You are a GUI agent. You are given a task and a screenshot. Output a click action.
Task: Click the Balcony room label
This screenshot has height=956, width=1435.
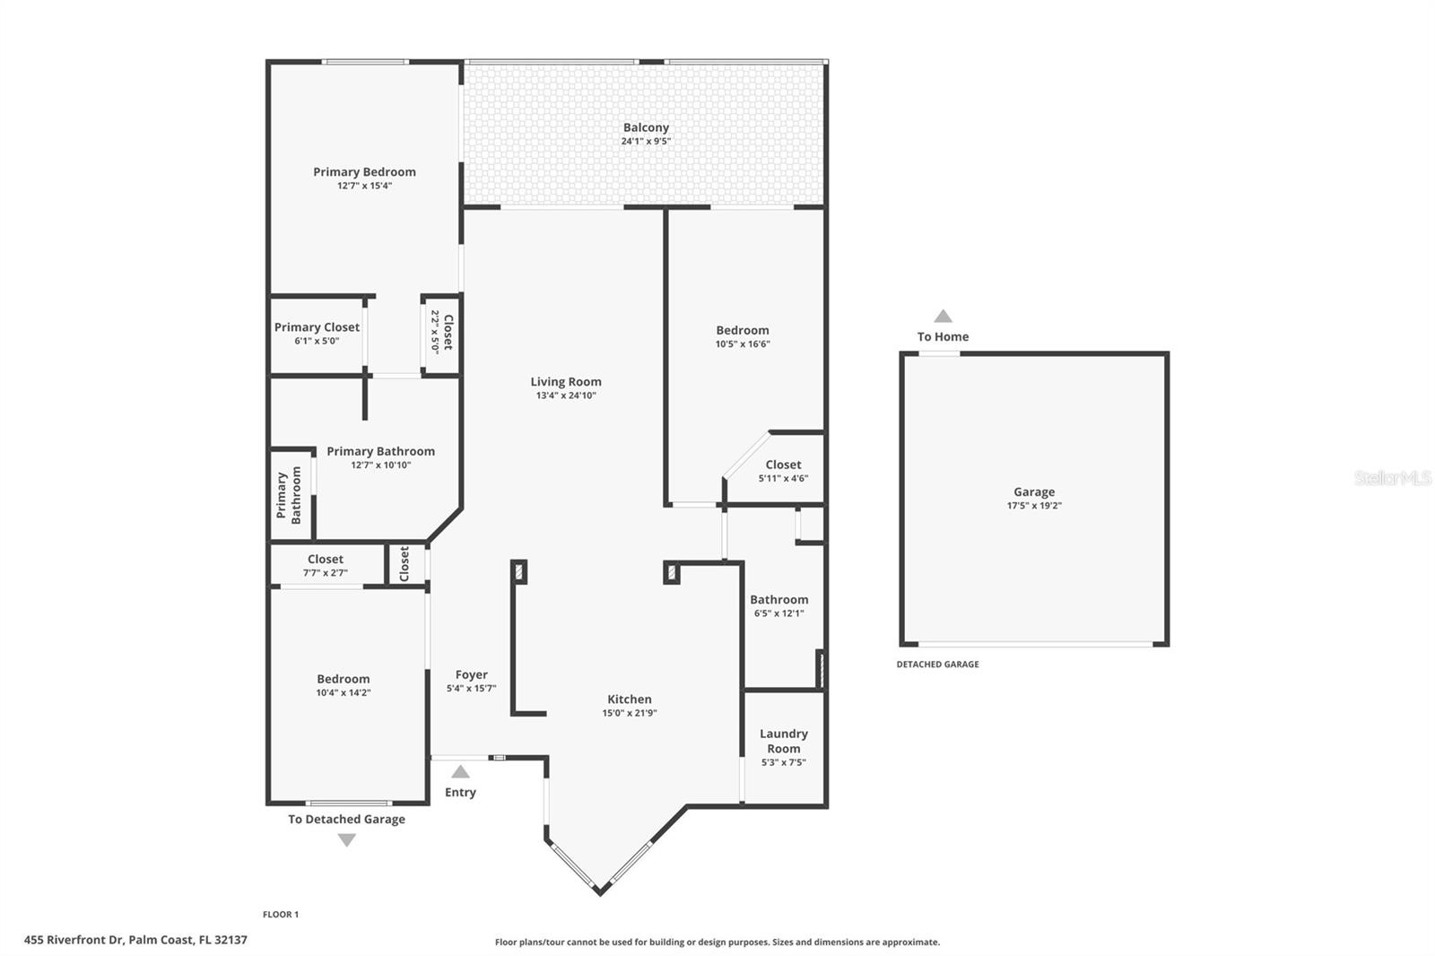click(646, 127)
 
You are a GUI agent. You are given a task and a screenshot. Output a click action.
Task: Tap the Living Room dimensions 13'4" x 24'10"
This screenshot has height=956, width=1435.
click(566, 395)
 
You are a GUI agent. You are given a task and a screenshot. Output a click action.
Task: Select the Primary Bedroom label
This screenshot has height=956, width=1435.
click(364, 171)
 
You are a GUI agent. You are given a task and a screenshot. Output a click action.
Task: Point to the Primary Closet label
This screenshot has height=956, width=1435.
click(317, 326)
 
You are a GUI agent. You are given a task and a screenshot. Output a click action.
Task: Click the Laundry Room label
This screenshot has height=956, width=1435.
click(784, 741)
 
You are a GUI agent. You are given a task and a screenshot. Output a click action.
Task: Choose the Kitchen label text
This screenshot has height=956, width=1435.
click(629, 699)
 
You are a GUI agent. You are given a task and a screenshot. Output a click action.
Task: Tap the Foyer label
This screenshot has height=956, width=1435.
click(472, 674)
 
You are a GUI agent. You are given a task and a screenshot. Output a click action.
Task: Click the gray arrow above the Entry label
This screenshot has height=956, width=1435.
click(460, 771)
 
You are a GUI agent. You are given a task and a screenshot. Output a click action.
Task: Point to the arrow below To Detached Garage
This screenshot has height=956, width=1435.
click(346, 840)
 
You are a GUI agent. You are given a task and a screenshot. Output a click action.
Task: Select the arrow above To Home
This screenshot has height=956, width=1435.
click(943, 316)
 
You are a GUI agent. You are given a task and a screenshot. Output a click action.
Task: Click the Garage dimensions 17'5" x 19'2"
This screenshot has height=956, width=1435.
click(1034, 506)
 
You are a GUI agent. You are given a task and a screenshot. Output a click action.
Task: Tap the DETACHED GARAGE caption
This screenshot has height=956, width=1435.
click(937, 665)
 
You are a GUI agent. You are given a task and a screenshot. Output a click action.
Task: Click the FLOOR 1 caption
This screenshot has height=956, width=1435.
click(281, 915)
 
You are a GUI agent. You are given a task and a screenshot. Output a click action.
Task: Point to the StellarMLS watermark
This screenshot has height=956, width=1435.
click(1393, 477)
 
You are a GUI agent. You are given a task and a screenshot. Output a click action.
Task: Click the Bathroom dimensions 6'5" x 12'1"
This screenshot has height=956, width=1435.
click(779, 613)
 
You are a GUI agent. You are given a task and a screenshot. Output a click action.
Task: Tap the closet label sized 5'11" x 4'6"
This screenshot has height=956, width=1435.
click(783, 465)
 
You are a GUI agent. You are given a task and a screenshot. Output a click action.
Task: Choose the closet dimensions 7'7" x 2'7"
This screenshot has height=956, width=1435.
click(326, 573)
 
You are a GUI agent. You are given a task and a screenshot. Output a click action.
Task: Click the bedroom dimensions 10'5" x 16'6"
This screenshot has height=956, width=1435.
click(743, 344)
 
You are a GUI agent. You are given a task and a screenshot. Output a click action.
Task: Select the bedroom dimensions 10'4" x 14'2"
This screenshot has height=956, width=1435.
click(344, 692)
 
